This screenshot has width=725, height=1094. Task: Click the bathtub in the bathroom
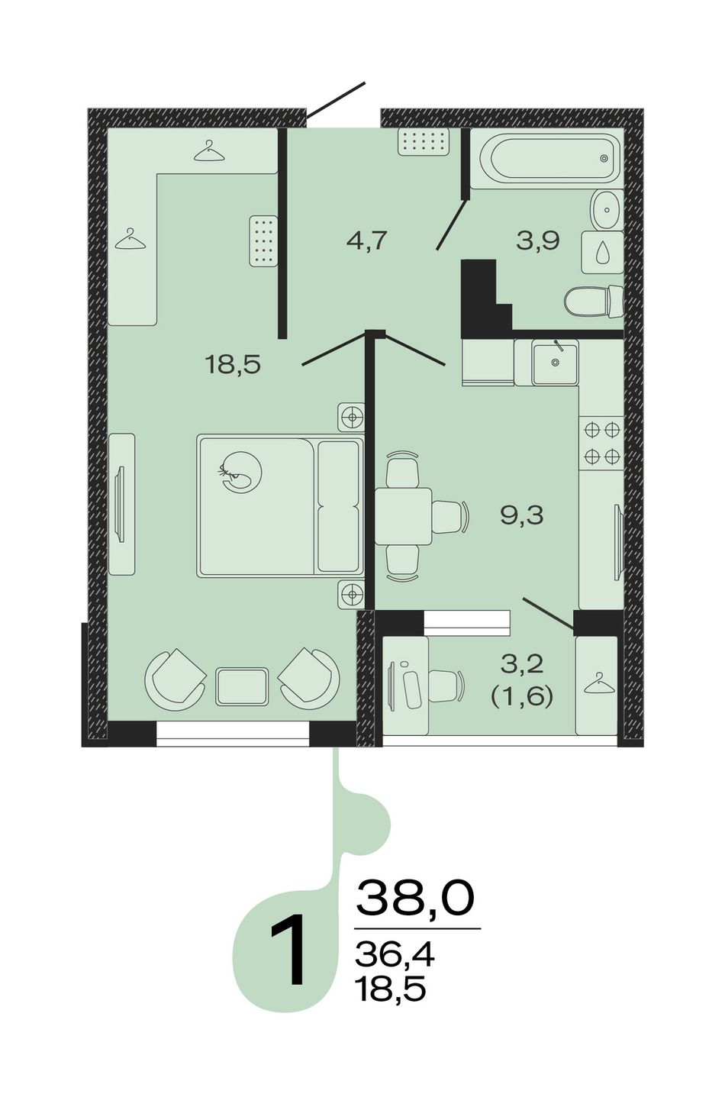pos(549,158)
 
